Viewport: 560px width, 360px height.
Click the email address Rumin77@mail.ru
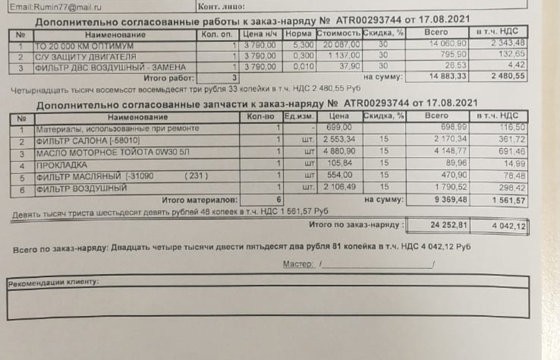click(x=45, y=6)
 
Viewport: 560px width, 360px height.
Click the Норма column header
click(x=297, y=34)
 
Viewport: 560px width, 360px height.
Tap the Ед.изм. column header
click(x=297, y=117)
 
